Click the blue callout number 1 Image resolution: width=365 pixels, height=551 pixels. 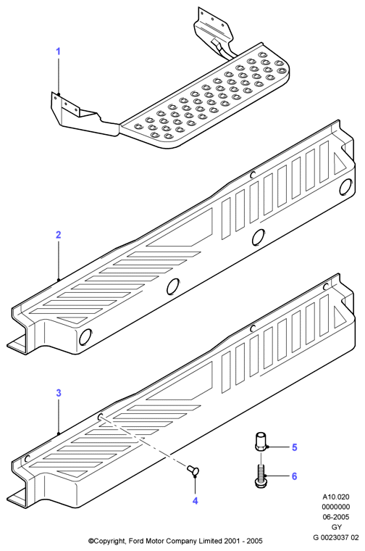point(58,51)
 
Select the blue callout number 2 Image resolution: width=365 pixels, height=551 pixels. point(58,234)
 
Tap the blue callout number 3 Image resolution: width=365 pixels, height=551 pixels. point(59,393)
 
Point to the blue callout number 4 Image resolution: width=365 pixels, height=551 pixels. point(195,501)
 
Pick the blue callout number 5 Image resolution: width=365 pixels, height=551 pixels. point(295,447)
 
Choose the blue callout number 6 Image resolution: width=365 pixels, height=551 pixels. point(295,476)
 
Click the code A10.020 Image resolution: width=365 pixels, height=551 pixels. point(336,497)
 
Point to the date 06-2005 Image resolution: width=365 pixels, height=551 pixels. point(336,517)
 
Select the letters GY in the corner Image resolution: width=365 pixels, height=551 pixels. point(336,527)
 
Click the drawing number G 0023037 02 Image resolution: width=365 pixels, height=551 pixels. point(336,537)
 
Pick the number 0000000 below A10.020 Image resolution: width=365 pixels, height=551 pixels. point(336,507)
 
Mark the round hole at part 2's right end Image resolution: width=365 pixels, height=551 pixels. point(345,186)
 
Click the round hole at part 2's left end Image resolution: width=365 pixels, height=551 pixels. point(85,338)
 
